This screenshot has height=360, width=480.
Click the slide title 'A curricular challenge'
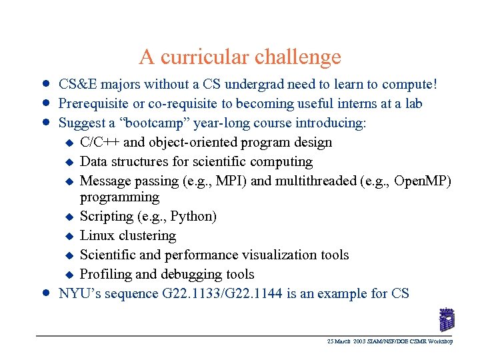point(240,57)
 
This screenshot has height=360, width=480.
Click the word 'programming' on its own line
point(119,197)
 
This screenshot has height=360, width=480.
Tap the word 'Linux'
point(97,236)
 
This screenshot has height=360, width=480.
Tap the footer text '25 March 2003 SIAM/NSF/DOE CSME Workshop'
point(390,341)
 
